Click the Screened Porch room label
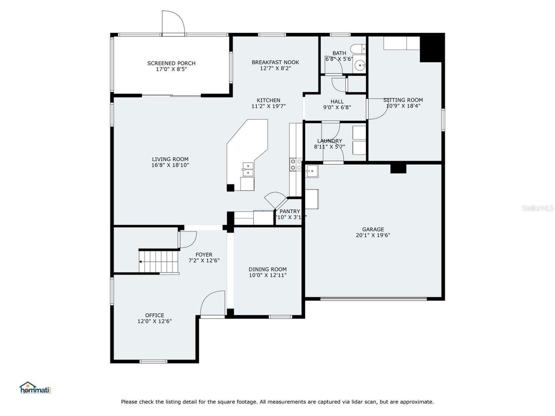[x=171, y=63]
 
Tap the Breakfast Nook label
[x=275, y=62]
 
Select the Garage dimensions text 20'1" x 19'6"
[x=373, y=235]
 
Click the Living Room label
[x=170, y=159]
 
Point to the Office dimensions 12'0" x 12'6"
[x=154, y=321]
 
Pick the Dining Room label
[x=268, y=269]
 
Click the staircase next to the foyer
[x=159, y=261]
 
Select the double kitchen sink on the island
[x=248, y=169]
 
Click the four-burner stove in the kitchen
[x=296, y=164]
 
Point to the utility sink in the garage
[x=311, y=171]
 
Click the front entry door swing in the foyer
[x=212, y=304]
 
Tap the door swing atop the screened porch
[x=173, y=23]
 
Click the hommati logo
[x=35, y=388]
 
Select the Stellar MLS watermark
[x=538, y=208]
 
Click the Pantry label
[x=290, y=211]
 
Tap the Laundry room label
[x=330, y=141]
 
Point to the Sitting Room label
[x=403, y=100]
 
